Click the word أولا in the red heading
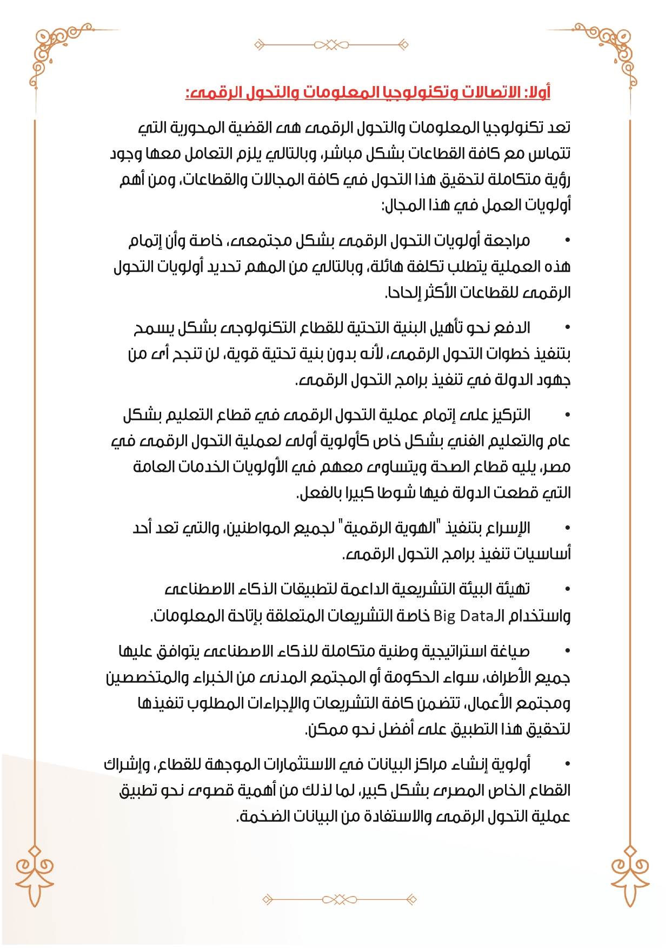[539, 93]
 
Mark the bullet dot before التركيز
[567, 414]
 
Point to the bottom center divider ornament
[339, 899]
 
